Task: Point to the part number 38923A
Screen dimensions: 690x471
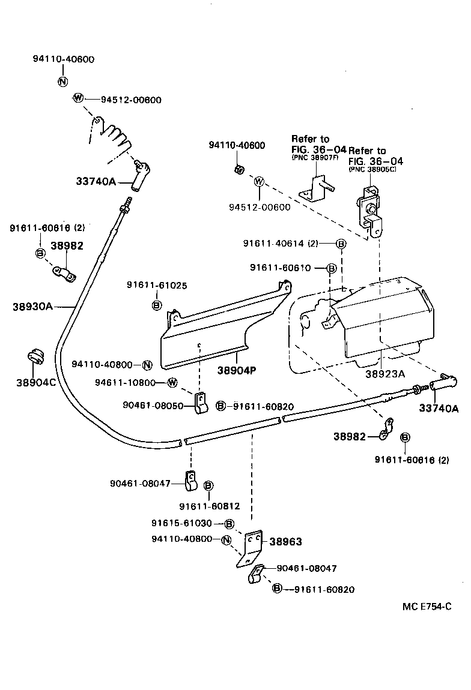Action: click(x=385, y=373)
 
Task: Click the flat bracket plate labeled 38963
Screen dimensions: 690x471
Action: click(x=252, y=547)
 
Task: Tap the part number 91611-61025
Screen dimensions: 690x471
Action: click(x=153, y=284)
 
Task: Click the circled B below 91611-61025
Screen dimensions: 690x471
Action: click(x=157, y=305)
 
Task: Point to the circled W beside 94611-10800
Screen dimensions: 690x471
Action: click(x=172, y=383)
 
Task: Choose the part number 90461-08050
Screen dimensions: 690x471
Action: click(x=153, y=406)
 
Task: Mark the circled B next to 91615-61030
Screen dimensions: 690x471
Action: click(x=229, y=523)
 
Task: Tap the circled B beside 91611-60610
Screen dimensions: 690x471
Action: click(x=331, y=268)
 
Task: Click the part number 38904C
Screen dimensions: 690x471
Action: click(x=36, y=382)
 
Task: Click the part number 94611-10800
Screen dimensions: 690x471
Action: click(x=125, y=383)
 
